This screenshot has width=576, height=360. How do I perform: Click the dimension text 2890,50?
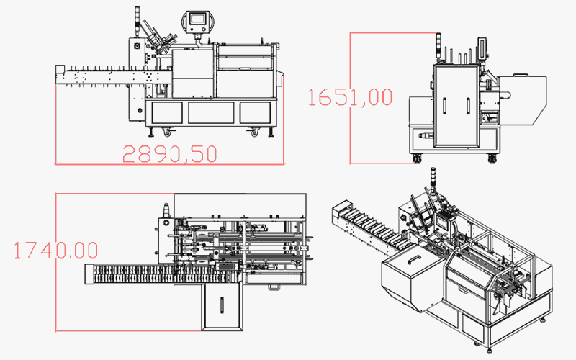pyautogui.click(x=169, y=153)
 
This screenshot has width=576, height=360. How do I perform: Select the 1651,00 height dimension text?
pyautogui.click(x=350, y=96)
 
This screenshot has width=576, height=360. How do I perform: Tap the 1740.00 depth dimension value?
pyautogui.click(x=55, y=250)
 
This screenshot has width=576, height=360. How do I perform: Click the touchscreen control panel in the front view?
pyautogui.click(x=195, y=21)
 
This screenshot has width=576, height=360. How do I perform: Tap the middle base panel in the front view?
pyautogui.click(x=210, y=112)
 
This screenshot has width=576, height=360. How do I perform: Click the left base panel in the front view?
pyautogui.click(x=166, y=112)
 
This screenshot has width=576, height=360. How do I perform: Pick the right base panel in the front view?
pyautogui.click(x=255, y=112)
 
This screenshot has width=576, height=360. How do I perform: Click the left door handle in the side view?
pyautogui.click(x=444, y=106)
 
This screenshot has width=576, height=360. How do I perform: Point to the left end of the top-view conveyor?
pyautogui.click(x=89, y=274)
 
